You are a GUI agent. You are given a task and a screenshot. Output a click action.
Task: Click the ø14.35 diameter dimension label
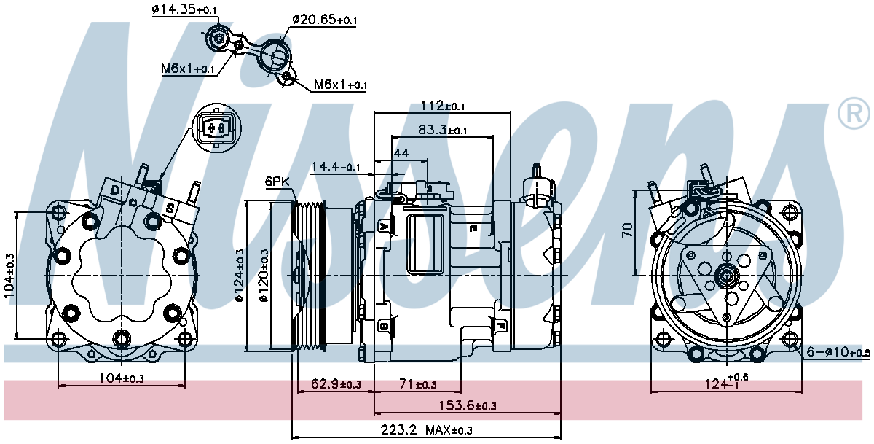[184, 9]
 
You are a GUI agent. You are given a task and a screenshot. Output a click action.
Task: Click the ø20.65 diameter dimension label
[324, 19]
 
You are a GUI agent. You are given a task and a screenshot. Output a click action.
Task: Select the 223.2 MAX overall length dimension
[427, 430]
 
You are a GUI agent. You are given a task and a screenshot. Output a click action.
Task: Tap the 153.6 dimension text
[468, 406]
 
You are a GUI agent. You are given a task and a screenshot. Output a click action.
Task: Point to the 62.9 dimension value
[336, 384]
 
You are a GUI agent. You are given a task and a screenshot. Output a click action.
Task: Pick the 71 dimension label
[418, 384]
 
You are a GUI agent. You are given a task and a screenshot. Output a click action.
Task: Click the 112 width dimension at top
[443, 106]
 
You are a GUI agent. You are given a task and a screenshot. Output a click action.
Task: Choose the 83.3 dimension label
[442, 130]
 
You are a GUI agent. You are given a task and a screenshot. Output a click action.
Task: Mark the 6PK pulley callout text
[277, 182]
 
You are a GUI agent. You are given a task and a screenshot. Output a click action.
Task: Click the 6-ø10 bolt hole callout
[838, 352]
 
